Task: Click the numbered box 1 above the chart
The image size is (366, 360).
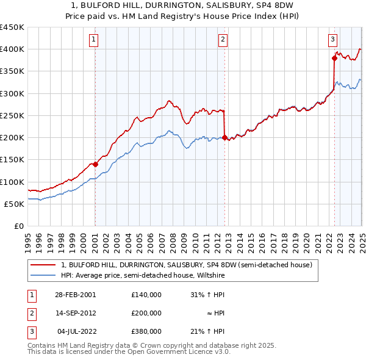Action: click(x=95, y=40)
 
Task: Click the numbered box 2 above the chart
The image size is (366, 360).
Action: click(x=223, y=40)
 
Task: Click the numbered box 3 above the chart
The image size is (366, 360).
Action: click(x=332, y=40)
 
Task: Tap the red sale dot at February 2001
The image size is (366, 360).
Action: click(x=96, y=164)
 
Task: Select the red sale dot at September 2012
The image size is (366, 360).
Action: click(x=224, y=138)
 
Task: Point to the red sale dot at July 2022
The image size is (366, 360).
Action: click(x=334, y=59)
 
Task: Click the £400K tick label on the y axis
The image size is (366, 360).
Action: click(x=12, y=49)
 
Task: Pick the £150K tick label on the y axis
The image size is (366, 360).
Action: click(x=12, y=160)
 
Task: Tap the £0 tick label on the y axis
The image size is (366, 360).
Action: click(x=19, y=226)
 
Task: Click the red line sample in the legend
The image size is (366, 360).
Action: click(x=42, y=265)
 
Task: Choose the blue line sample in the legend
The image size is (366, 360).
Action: click(x=42, y=275)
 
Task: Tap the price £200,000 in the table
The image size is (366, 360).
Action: click(x=146, y=313)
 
